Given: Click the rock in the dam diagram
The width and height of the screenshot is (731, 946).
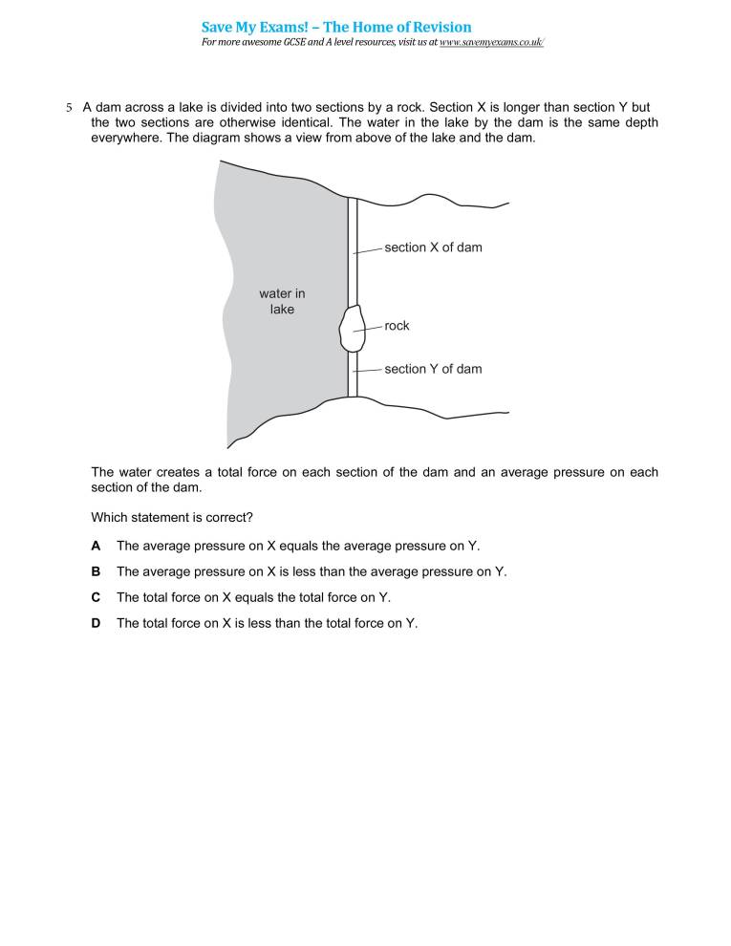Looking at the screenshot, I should tap(351, 328).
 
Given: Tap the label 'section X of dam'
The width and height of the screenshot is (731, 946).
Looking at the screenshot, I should tap(433, 247).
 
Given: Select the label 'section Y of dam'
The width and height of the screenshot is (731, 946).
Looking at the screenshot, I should tap(433, 369).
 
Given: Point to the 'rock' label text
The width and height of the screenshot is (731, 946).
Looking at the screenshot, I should tap(397, 326).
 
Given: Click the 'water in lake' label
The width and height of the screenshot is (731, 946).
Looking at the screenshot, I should tap(282, 301).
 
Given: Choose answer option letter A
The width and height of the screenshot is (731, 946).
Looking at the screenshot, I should tap(96, 546).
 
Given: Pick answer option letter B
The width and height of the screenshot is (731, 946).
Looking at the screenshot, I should tap(96, 571).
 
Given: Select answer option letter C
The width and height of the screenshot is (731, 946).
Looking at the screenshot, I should tap(96, 597).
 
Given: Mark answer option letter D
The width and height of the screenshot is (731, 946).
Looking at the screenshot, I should tap(96, 623).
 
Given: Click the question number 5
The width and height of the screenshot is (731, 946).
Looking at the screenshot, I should tap(69, 108).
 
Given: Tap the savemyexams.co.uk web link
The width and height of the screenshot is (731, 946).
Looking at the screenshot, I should tap(491, 43).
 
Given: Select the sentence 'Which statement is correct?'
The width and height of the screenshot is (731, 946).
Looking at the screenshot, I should tap(172, 518).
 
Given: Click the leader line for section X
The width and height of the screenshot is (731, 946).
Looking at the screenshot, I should tap(369, 250).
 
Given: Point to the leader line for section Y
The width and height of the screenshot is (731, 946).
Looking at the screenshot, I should tap(369, 370).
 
